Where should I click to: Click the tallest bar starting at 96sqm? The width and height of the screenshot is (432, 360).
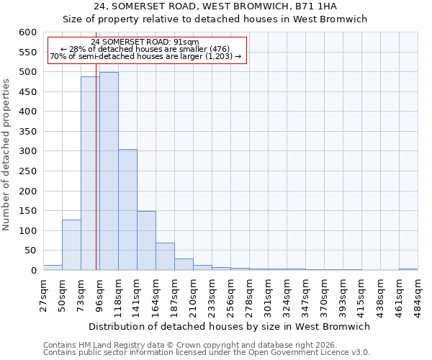[109, 171]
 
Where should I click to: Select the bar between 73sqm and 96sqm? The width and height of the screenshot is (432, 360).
[90, 174]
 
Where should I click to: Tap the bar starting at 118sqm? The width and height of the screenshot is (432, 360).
[127, 210]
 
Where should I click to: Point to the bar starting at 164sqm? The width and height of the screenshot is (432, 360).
[165, 256]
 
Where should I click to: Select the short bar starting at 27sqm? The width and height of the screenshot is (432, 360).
[53, 267]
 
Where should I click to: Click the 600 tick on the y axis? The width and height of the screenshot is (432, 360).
[27, 32]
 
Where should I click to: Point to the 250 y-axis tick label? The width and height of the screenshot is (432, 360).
[27, 171]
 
